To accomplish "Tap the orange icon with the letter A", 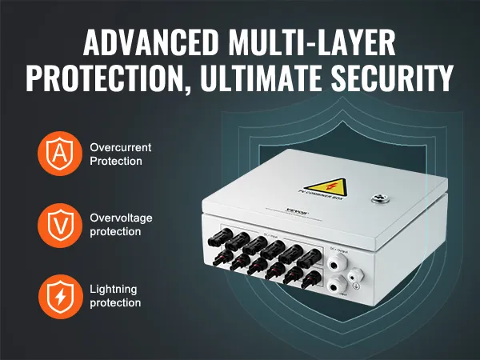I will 58,154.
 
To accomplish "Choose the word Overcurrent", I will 121,148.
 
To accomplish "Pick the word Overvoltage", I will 121,218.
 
